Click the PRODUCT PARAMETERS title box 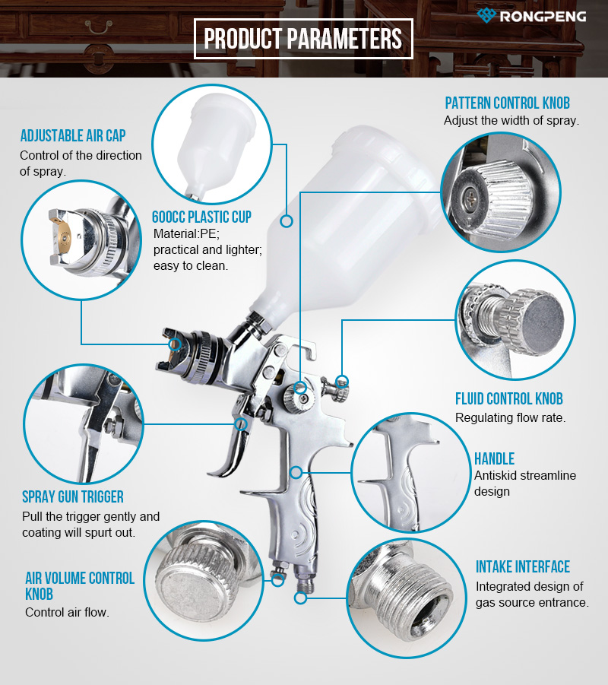click(303, 39)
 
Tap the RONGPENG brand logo click(531, 16)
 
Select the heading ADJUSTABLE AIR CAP click(73, 135)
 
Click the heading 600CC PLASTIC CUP click(202, 217)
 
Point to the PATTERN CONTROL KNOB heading click(508, 103)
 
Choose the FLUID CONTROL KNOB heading click(509, 398)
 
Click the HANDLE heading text click(495, 458)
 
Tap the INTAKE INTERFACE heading click(523, 566)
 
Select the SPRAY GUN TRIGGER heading click(73, 496)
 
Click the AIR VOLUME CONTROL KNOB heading click(80, 586)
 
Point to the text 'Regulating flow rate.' click(510, 418)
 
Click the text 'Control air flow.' click(68, 613)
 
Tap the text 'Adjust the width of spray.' click(511, 121)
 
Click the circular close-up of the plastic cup click(212, 144)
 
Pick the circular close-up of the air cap click(81, 239)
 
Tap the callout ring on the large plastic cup click(286, 221)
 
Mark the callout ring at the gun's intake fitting click(300, 598)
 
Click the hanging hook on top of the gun click(299, 350)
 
